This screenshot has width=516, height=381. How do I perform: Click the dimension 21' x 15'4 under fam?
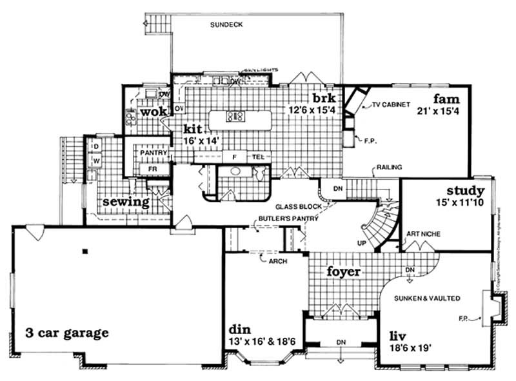click(441, 111)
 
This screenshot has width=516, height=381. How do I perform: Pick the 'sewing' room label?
click(126, 201)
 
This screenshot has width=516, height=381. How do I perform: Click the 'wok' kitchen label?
click(154, 112)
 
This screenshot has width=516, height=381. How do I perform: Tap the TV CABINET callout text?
click(390, 105)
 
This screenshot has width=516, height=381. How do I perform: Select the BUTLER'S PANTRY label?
click(288, 219)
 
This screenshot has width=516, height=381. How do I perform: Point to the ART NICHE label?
click(424, 234)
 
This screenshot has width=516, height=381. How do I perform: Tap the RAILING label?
click(390, 168)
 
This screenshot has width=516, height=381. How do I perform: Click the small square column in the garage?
click(84, 250)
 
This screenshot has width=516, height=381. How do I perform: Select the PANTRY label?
click(154, 153)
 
